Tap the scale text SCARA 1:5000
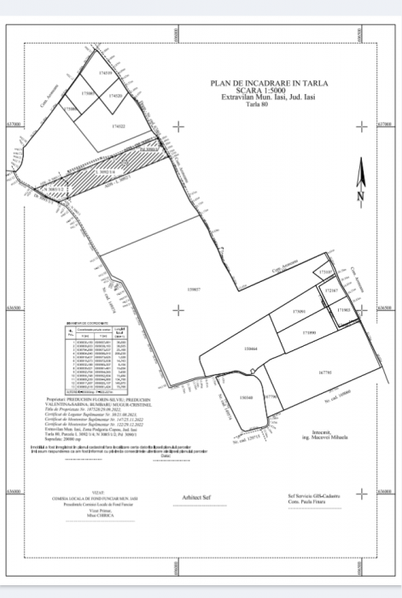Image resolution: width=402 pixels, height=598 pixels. pos(269,91)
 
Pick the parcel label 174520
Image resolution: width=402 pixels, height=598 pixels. pos(115,96)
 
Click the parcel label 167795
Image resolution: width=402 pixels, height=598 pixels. pos(324,372)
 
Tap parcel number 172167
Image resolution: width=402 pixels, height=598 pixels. pos(331,291)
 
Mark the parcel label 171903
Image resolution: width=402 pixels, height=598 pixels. pos(342,309)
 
